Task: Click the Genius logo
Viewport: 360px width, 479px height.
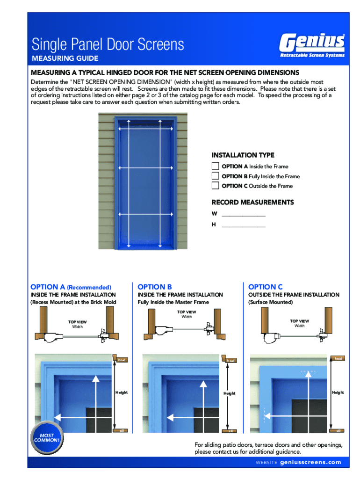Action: pos(312,45)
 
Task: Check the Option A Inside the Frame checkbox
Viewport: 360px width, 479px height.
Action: pos(215,166)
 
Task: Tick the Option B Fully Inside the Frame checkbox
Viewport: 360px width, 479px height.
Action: pos(215,176)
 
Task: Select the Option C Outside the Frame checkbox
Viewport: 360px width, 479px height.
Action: pos(215,185)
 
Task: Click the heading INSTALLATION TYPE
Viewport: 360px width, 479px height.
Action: pos(243,155)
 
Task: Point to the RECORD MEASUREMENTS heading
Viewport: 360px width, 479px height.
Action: pos(252,203)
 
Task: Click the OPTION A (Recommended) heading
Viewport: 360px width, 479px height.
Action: pos(71,287)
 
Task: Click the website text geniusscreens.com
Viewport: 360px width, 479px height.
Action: pos(310,462)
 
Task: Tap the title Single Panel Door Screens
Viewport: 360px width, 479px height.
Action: pos(108,45)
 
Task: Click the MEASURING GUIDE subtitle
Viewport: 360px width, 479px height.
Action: pos(65,58)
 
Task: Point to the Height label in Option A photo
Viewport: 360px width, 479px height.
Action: pos(122,392)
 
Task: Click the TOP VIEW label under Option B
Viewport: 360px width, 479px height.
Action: pos(187,312)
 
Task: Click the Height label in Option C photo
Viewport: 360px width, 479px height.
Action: pos(338,392)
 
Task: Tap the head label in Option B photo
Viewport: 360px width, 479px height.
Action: pos(230,360)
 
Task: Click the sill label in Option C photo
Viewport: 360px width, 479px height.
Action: pos(338,431)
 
